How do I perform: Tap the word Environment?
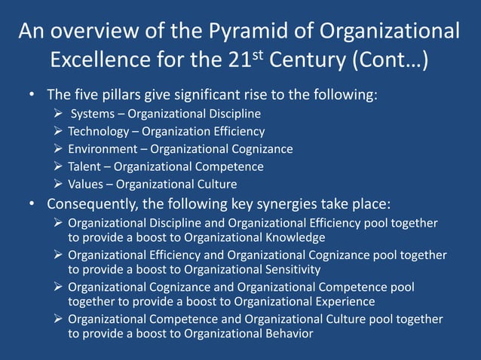point(102,149)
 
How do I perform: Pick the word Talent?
point(84,166)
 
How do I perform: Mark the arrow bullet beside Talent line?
point(59,166)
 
